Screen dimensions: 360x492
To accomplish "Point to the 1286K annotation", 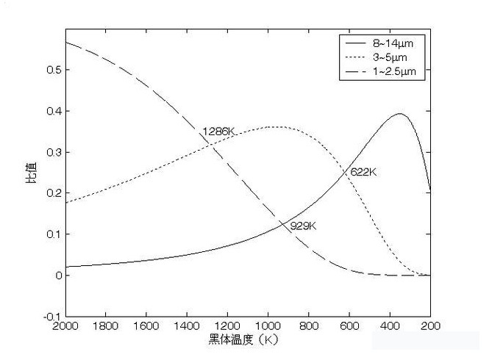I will coord(218,132).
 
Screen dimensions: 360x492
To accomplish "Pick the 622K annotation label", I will coord(363,172).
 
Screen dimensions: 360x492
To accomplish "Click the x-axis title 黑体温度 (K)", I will coord(246,342).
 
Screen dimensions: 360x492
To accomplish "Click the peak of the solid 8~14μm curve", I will coord(400,114).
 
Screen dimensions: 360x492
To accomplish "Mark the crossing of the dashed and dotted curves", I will coord(211,142).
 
